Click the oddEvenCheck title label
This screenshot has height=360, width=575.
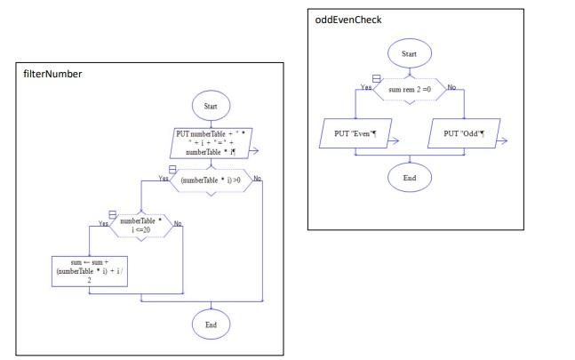(349, 20)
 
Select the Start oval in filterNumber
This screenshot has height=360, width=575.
(211, 105)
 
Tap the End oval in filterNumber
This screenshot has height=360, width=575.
(211, 324)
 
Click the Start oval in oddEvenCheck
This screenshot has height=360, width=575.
(409, 53)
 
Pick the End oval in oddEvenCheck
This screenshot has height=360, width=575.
(409, 177)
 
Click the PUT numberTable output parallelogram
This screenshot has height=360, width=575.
(211, 143)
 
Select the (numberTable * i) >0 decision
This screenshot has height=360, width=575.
(211, 180)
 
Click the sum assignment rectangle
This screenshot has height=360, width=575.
(90, 270)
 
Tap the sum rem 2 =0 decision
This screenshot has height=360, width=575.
(409, 90)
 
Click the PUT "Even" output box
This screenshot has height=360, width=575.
(355, 134)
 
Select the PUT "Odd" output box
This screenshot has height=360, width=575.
(463, 134)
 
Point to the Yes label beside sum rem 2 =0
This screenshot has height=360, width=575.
(364, 87)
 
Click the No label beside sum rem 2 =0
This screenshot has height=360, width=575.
(451, 87)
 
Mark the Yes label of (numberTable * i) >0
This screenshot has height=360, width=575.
(163, 178)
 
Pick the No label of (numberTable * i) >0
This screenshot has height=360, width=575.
(258, 179)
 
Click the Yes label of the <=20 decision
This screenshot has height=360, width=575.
(103, 224)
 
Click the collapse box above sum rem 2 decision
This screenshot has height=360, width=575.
(376, 78)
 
